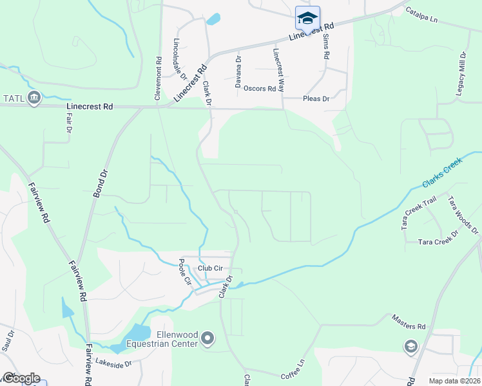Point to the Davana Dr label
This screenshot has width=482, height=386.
[238, 71]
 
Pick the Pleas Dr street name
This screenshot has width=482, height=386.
[316, 99]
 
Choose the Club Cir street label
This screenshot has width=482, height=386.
[209, 268]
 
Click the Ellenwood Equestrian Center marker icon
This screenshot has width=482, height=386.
[207, 338]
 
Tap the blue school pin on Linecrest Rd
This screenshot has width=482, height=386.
[307, 17]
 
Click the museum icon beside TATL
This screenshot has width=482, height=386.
[35, 98]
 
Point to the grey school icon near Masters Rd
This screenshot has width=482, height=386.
[410, 347]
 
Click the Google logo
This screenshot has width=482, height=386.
[21, 378]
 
